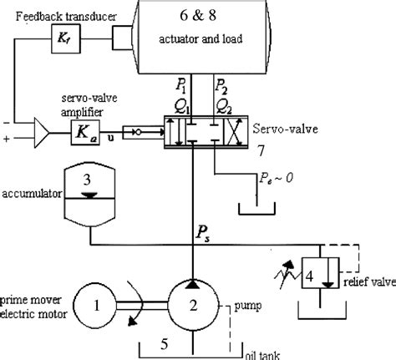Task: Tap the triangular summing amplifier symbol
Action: (38, 130)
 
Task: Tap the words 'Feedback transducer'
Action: (51, 15)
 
